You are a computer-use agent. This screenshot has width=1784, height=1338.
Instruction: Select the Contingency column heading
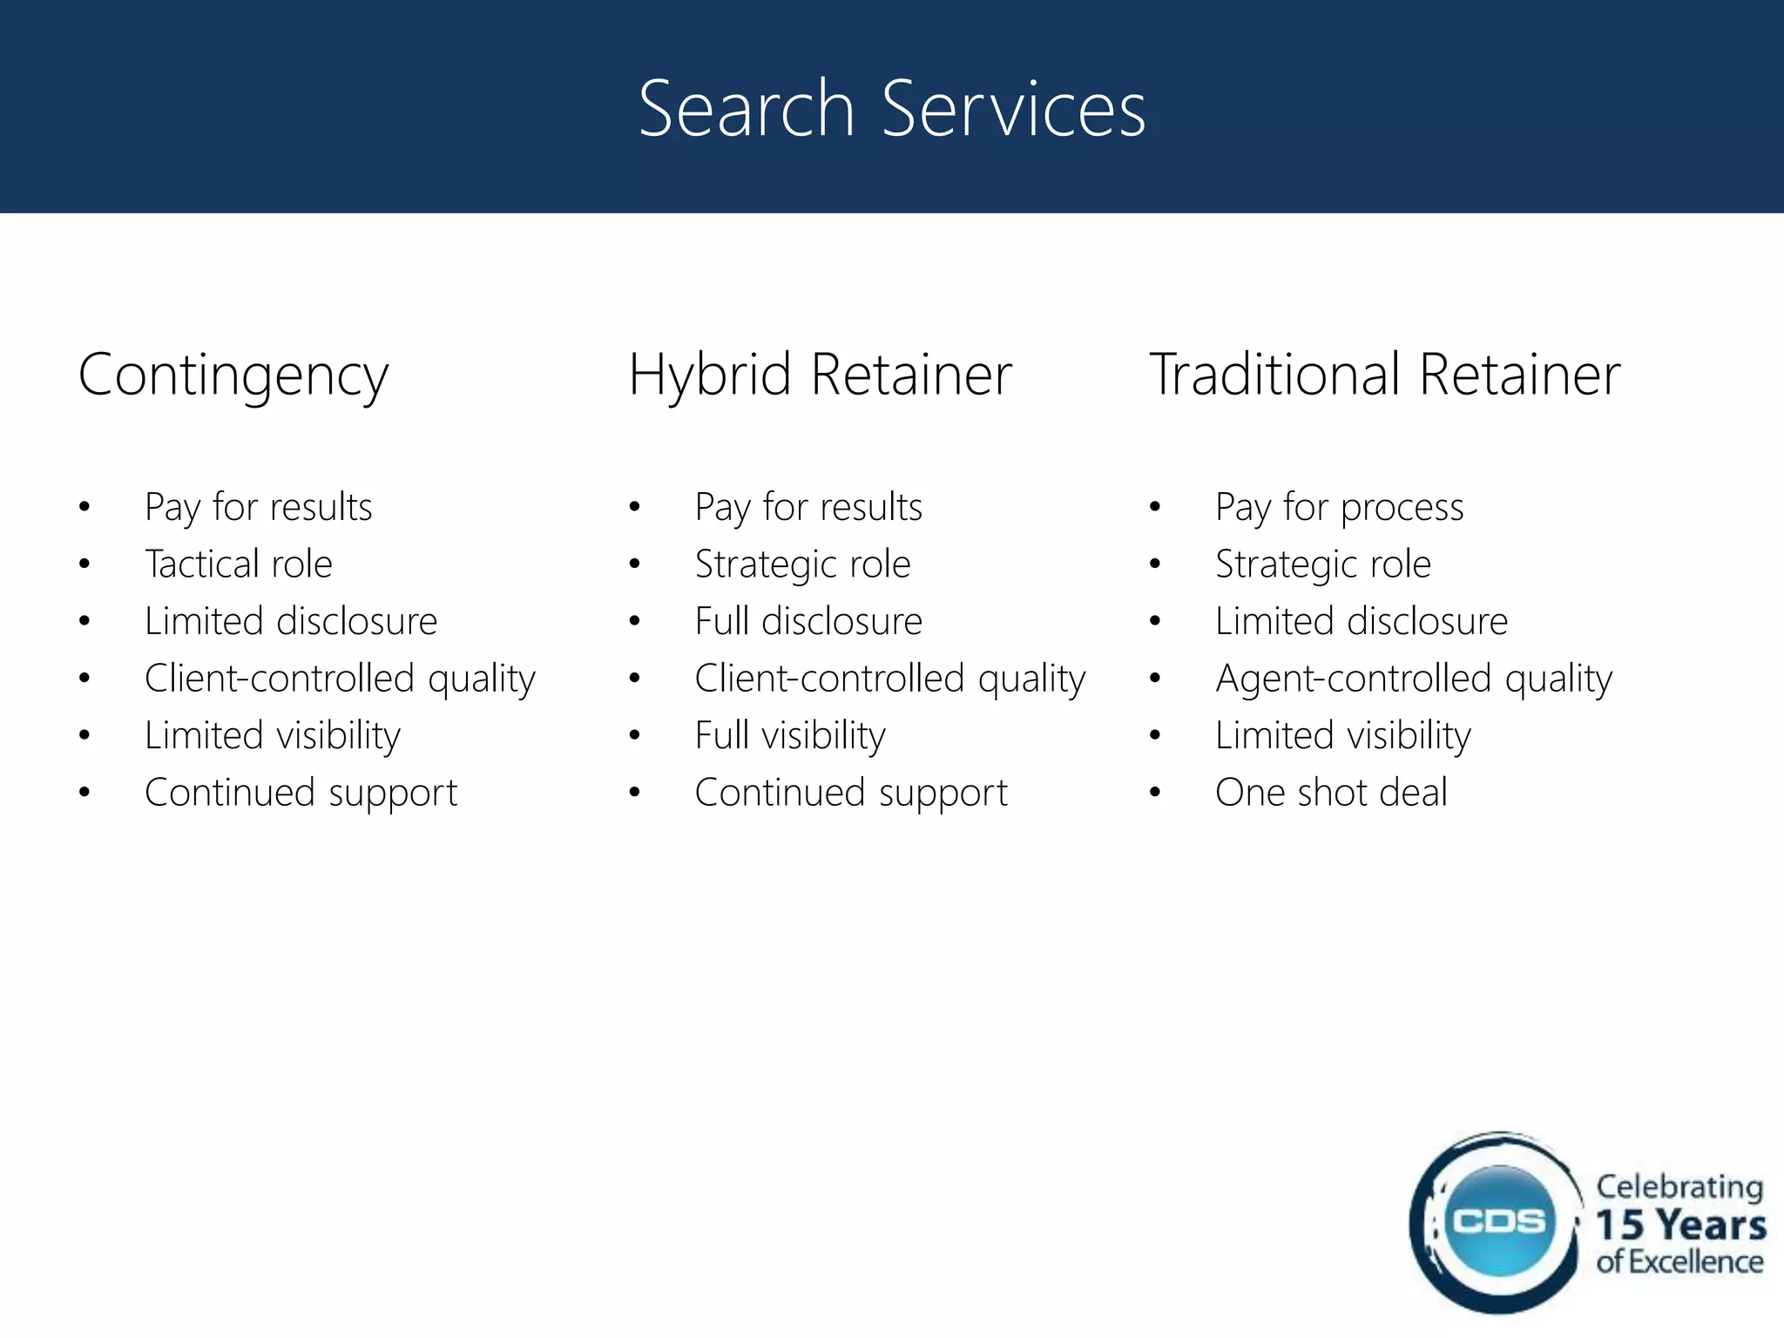(x=233, y=375)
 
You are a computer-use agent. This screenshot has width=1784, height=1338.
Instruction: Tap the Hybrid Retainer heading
(x=820, y=375)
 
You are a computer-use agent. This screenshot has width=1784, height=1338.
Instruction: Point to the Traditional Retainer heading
(x=1385, y=375)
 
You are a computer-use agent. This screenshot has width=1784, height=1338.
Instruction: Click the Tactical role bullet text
(x=239, y=564)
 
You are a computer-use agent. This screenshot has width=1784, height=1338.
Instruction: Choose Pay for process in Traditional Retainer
(x=1339, y=507)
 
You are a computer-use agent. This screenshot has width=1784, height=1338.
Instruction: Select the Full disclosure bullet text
(x=808, y=622)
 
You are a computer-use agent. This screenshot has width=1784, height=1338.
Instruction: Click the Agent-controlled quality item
(x=1414, y=679)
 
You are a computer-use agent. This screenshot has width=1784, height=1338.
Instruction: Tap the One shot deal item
(x=1331, y=793)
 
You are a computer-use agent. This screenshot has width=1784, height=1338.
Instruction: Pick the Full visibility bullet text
(x=790, y=736)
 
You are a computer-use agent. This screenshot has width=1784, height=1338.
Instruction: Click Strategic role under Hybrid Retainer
(x=802, y=564)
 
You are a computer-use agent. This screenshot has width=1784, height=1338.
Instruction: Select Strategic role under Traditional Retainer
(x=1323, y=564)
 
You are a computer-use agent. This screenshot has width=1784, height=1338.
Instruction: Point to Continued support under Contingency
(x=301, y=793)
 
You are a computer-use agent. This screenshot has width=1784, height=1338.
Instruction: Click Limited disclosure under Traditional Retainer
(x=1362, y=622)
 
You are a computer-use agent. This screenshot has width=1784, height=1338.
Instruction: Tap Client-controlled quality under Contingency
(x=340, y=679)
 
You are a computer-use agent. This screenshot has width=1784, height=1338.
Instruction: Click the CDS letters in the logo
(x=1499, y=1221)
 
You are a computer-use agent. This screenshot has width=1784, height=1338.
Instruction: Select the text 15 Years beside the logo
(x=1680, y=1225)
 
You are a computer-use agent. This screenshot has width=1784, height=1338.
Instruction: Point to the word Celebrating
(x=1679, y=1187)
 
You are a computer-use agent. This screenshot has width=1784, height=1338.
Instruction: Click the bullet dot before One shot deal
(x=1155, y=793)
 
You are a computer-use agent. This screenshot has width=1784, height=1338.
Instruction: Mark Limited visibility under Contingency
(x=273, y=736)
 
